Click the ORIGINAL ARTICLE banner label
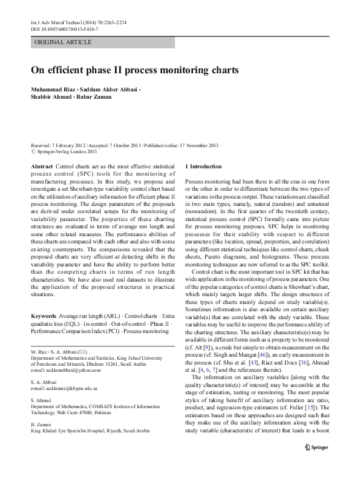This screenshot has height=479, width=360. coord(64,42)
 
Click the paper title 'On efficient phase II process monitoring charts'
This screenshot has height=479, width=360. coord(135,70)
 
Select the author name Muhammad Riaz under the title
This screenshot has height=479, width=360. coord(53,90)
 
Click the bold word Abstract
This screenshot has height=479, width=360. coord(41,166)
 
